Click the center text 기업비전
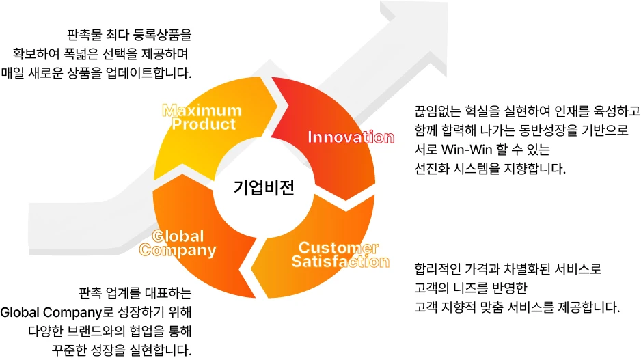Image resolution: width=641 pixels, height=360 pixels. [264, 187]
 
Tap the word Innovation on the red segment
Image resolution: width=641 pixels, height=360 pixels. [351, 137]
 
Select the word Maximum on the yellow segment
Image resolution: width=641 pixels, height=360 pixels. [202, 111]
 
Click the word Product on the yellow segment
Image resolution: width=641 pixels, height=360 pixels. [204, 124]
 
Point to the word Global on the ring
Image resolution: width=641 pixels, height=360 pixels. [178, 236]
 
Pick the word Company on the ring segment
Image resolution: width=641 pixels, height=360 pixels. [178, 251]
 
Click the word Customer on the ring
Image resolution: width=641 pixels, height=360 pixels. [339, 247]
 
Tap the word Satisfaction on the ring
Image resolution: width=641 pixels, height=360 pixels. [340, 262]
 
